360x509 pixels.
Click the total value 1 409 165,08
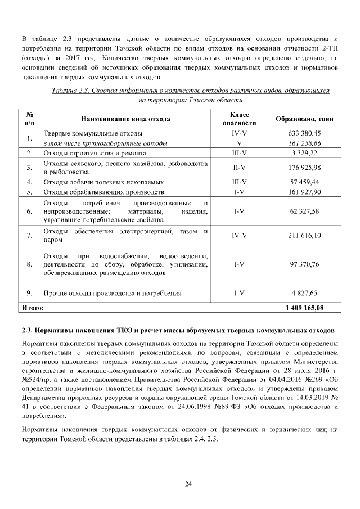pyautogui.click(x=304, y=308)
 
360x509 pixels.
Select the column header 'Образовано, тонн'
pyautogui.click(x=304, y=119)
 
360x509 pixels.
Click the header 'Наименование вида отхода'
pyautogui.click(x=125, y=119)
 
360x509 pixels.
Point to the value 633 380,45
pyautogui.click(x=304, y=134)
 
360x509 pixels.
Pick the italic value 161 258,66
pyautogui.click(x=304, y=143)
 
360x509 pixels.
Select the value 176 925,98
pyautogui.click(x=304, y=167)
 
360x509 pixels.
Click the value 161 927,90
pyautogui.click(x=304, y=192)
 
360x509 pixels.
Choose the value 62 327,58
pyautogui.click(x=304, y=211)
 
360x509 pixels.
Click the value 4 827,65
pyautogui.click(x=304, y=293)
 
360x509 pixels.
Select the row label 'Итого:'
pyautogui.click(x=32, y=308)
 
